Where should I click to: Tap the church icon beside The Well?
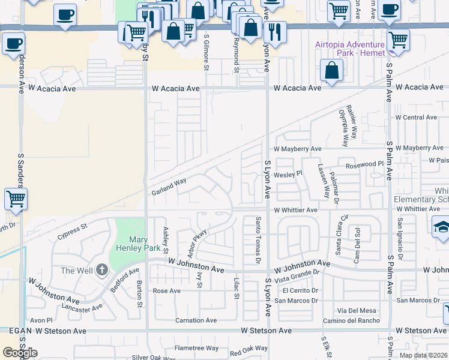click(102, 269)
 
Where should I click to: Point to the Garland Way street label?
click(169, 185)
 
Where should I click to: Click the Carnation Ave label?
click(196, 320)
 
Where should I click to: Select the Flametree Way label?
click(196, 348)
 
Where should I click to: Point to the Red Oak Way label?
click(249, 349)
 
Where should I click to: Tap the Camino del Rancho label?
click(351, 320)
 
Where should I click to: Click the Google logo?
click(20, 353)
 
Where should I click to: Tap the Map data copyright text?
click(424, 355)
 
